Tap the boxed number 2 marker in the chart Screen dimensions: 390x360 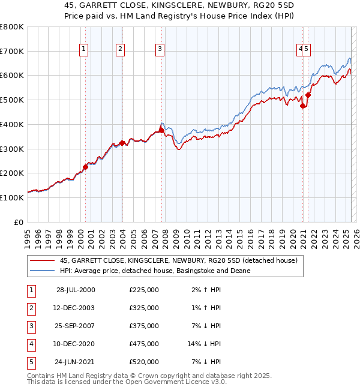point(120,50)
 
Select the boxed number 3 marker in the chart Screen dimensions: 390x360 point(160,50)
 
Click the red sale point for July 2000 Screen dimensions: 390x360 point(85,167)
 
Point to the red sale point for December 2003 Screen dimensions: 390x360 point(122,143)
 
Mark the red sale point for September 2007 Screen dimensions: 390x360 point(161,130)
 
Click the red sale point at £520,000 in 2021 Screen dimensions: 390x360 point(308,94)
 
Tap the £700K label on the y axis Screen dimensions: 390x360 point(12,51)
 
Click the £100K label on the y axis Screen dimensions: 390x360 point(12,197)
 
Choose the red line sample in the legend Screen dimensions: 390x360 point(43,261)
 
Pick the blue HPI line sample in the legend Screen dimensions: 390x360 point(43,271)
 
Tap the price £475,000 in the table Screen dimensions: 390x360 point(143,344)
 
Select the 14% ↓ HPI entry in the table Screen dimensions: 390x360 point(204,344)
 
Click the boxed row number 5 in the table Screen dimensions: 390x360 point(30,362)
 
